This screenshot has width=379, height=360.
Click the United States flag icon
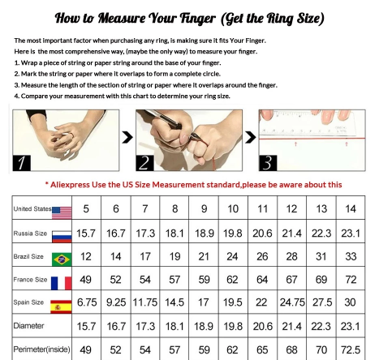tap(62, 213)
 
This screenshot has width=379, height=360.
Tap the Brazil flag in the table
tap(62, 259)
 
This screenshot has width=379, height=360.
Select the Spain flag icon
tap(61, 306)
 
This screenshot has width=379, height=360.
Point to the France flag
tap(62, 283)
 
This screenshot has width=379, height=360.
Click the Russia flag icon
tap(62, 237)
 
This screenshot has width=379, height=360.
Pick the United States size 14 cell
tap(351, 208)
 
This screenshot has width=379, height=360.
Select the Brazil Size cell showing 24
tap(232, 256)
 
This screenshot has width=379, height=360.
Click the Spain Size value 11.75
tap(145, 302)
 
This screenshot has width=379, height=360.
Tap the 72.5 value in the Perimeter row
tap(351, 349)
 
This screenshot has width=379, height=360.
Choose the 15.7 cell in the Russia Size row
tap(86, 233)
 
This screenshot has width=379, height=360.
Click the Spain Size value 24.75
tap(292, 302)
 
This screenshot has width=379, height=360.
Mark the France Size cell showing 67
tap(291, 280)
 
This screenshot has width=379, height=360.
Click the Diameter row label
tap(28, 326)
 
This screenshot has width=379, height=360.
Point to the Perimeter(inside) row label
tap(41, 349)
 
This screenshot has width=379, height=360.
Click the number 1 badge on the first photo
tap(22, 163)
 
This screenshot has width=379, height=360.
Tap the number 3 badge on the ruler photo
tap(268, 163)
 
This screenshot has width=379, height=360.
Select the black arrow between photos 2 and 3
tap(250, 137)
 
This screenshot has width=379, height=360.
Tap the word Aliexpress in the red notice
tap(70, 185)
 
